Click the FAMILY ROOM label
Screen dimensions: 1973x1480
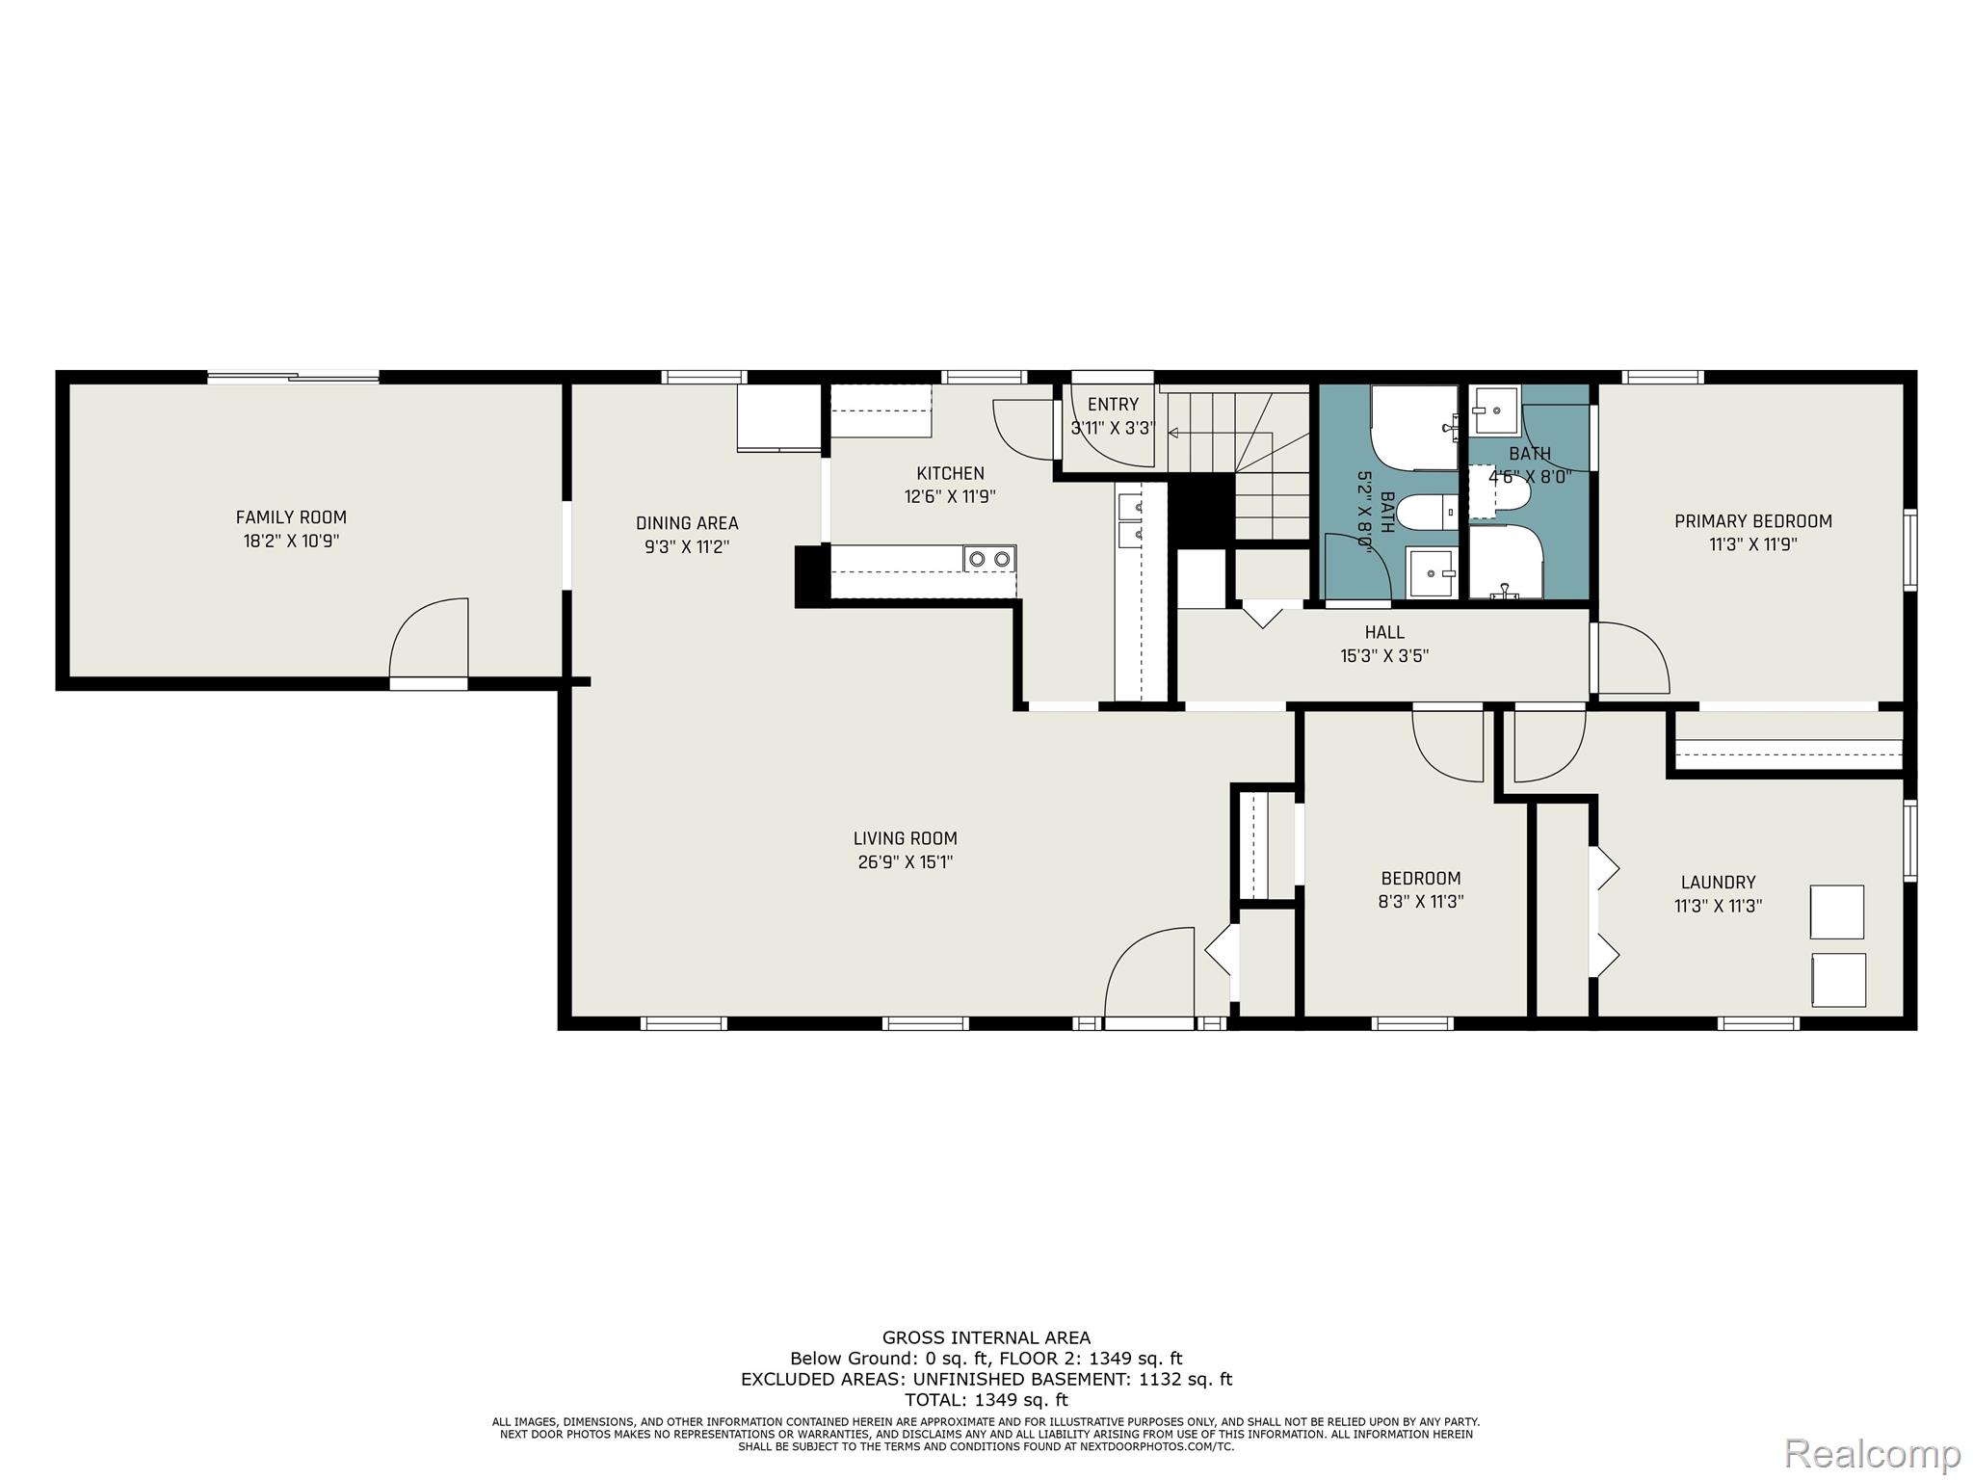coord(291,517)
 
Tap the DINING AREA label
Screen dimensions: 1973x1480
coord(687,523)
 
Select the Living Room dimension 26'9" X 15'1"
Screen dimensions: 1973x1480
coord(906,862)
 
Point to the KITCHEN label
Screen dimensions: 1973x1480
coord(950,473)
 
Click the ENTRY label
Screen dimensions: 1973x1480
coord(1113,405)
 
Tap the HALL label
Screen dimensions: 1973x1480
coord(1384,632)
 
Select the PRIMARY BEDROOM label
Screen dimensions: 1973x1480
coord(1753,521)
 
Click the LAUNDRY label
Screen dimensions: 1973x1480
coord(1718,882)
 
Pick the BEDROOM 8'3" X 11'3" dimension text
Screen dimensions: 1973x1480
coord(1421,902)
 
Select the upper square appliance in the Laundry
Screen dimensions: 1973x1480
coord(1836,912)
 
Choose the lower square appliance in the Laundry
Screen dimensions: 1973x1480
coord(1838,980)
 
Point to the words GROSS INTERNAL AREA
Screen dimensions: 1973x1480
coord(986,1337)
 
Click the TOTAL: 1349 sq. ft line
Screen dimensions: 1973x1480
coord(986,1400)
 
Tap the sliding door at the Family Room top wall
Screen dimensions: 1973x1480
coord(293,378)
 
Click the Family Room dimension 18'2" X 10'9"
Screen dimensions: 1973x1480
coord(291,542)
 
